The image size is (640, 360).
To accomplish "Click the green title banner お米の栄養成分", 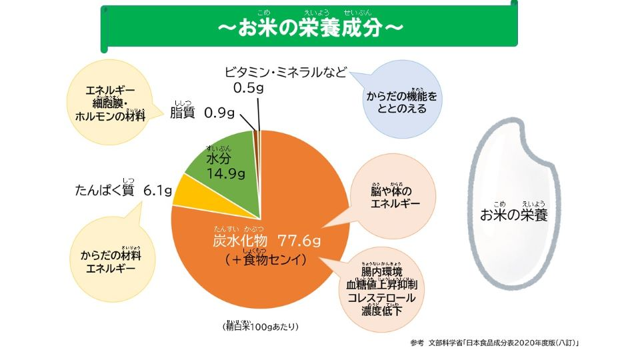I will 310,28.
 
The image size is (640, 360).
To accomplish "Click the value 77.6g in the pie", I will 299,240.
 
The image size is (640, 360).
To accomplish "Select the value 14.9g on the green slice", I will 226,175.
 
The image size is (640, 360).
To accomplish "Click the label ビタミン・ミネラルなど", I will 285,72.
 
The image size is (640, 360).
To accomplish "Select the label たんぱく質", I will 105,191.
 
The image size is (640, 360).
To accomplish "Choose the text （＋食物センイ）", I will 265,259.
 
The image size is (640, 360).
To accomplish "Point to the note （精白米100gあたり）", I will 260,327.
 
